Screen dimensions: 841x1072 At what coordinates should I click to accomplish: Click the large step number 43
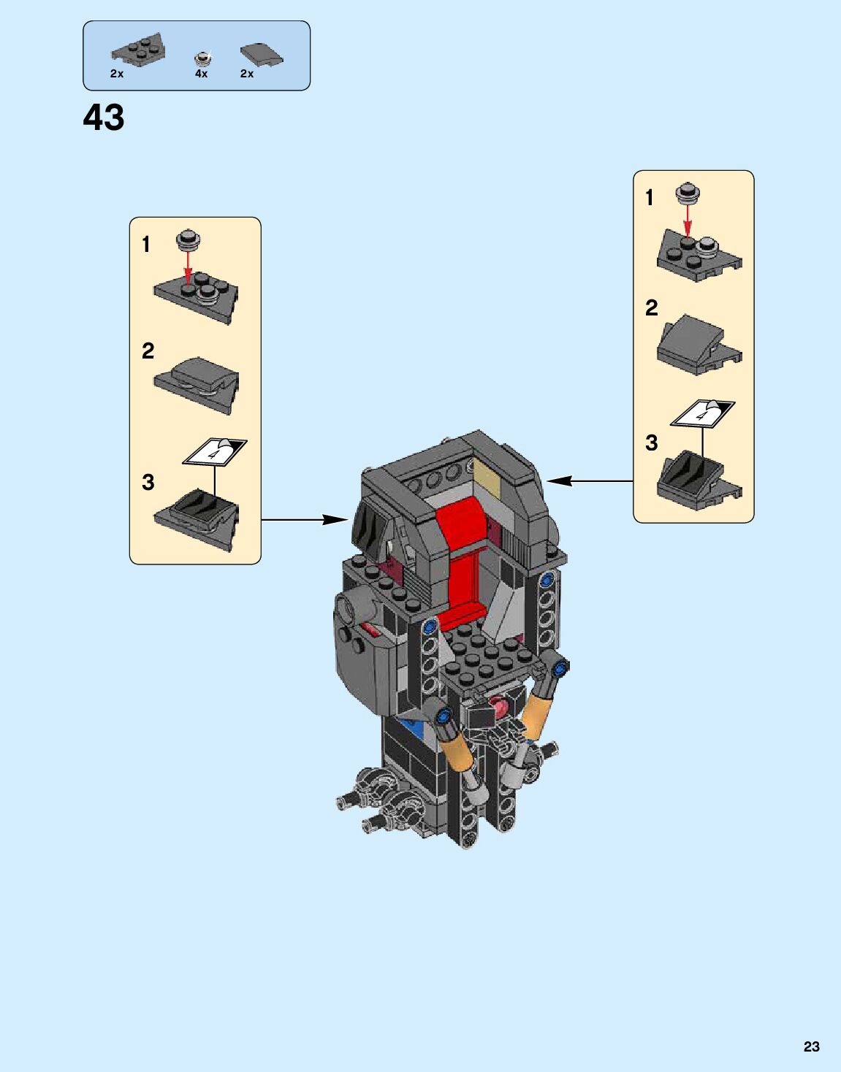click(104, 118)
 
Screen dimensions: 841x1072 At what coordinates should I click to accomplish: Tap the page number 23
click(811, 1046)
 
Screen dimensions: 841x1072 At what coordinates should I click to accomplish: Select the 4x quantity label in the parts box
click(201, 74)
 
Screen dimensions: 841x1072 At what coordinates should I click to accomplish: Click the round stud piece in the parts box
click(203, 58)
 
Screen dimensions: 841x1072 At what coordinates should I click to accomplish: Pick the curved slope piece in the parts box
click(261, 55)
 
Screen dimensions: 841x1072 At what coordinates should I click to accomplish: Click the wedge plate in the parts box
click(138, 50)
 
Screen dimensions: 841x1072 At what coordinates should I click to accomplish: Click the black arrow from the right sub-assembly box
click(589, 481)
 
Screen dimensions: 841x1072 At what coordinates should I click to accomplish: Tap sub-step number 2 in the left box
click(148, 351)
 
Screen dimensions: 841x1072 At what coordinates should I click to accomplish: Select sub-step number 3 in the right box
click(651, 443)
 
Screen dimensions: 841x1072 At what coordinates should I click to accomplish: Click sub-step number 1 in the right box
click(649, 197)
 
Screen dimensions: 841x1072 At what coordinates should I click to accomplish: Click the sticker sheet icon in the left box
click(215, 451)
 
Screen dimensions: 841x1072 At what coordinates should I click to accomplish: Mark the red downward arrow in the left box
click(188, 267)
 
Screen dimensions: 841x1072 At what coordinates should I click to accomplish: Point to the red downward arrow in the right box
click(687, 219)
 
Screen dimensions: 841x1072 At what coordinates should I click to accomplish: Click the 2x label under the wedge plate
click(117, 74)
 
